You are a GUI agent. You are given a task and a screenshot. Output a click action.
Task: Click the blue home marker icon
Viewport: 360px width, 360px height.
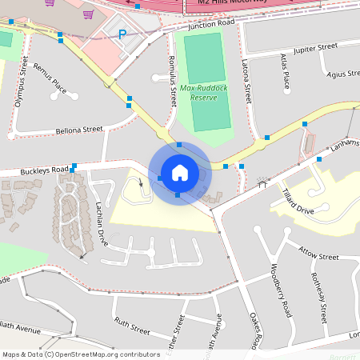[x=179, y=172]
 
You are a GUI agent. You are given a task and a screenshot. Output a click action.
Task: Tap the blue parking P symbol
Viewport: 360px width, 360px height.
[x=122, y=34]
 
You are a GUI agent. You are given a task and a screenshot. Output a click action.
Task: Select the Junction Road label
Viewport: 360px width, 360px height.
[x=211, y=25]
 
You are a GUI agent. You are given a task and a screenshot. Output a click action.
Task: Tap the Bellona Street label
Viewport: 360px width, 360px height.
[x=79, y=129]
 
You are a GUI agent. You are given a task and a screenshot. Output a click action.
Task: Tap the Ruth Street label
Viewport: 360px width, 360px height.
[x=132, y=326]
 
